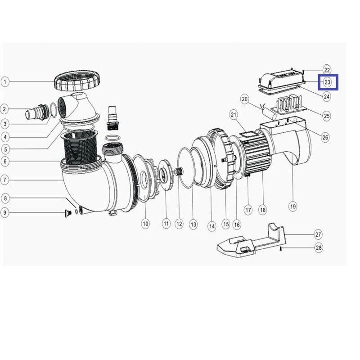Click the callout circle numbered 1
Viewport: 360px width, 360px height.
(x=5, y=82)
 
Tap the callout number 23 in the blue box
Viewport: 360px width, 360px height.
(x=328, y=82)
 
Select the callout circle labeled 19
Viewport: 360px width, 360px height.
(x=293, y=206)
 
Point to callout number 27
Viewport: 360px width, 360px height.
(x=318, y=234)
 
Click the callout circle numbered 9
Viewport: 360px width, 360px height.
(x=5, y=212)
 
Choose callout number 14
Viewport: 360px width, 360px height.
(x=211, y=226)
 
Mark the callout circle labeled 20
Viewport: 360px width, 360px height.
(x=245, y=99)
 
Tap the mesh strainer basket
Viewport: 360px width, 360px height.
(x=80, y=147)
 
